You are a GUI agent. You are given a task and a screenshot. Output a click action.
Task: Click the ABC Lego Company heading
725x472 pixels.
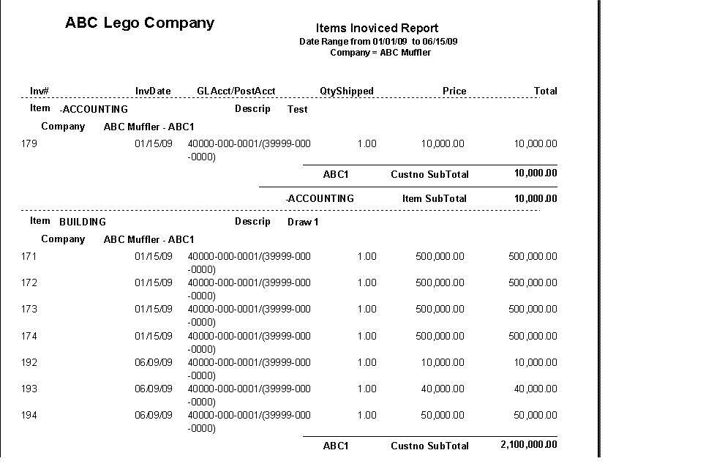(x=139, y=23)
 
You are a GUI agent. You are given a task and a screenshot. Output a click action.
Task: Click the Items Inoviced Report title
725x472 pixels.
(x=377, y=29)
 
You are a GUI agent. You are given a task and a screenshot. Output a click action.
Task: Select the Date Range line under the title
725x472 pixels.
(x=378, y=42)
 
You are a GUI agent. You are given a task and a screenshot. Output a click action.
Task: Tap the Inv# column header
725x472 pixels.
(x=40, y=91)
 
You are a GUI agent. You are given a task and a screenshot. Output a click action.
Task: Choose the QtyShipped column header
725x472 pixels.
(x=347, y=91)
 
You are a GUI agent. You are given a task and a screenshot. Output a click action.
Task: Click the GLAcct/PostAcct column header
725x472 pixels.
(x=236, y=91)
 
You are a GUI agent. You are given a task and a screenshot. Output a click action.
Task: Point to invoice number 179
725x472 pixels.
(x=30, y=143)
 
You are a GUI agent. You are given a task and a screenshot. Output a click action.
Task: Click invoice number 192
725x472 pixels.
(x=30, y=362)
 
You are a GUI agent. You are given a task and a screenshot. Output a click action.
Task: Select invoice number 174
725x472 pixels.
(x=30, y=336)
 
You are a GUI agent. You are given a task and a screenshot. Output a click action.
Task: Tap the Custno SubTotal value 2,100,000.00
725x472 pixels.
(x=528, y=445)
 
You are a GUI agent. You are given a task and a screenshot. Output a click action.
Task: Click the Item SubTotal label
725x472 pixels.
(x=435, y=198)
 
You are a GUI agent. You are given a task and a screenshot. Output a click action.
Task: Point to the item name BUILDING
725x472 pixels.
(x=83, y=222)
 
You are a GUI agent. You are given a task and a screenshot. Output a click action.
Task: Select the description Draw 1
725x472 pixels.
(x=303, y=222)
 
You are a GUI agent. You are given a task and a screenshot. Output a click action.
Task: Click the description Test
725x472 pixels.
(x=297, y=109)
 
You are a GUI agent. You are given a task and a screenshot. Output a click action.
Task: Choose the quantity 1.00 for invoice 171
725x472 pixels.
(x=367, y=256)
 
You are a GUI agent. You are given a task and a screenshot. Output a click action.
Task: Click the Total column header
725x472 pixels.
(x=545, y=91)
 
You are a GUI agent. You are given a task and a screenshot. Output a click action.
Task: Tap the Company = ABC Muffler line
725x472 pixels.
(x=380, y=53)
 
